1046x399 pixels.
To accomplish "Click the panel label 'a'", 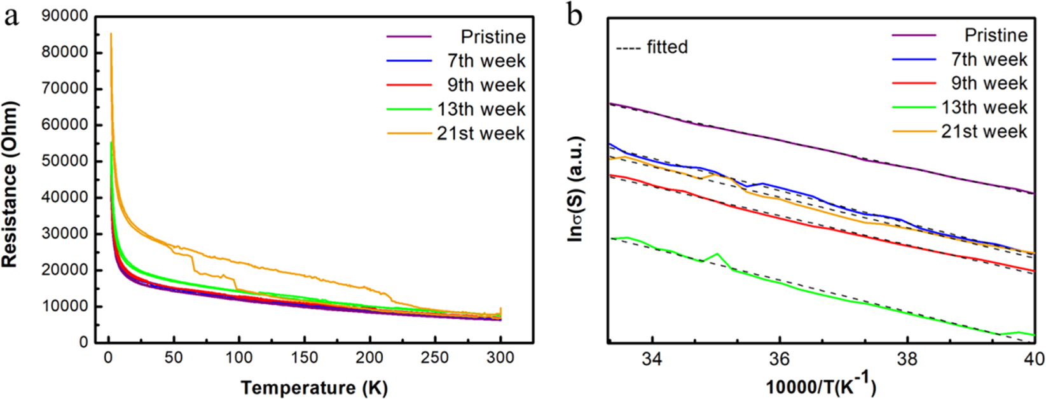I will pyautogui.click(x=11, y=17).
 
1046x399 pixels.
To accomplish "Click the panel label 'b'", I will pyautogui.click(x=574, y=16).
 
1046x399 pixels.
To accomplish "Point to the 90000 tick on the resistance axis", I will pyautogui.click(x=65, y=17).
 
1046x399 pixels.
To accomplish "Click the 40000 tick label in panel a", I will pyautogui.click(x=65, y=197).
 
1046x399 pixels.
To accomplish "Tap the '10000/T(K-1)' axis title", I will pyautogui.click(x=820, y=386).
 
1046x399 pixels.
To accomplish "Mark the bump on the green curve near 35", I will pyautogui.click(x=717, y=254).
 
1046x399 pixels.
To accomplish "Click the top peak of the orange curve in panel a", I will pyautogui.click(x=111, y=34).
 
